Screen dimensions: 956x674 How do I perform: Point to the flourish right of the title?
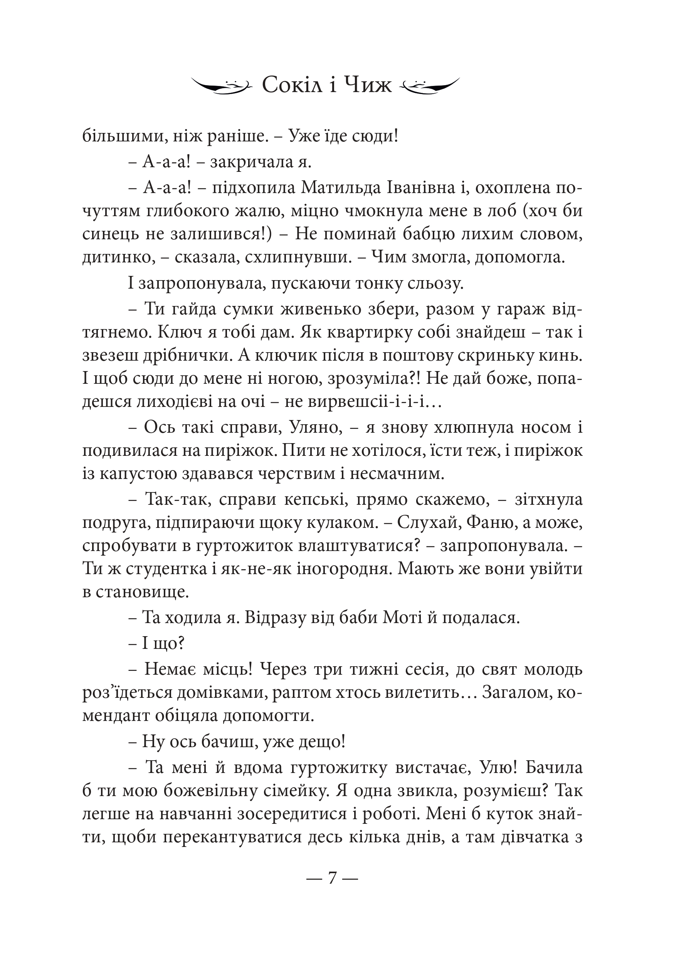[429, 86]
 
